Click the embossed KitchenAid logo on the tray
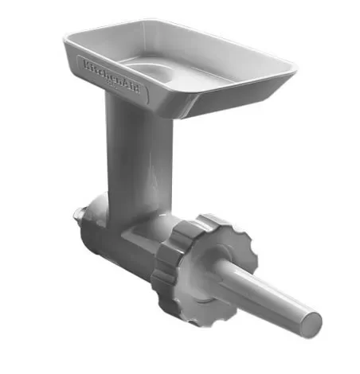coord(113,76)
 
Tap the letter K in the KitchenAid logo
coord(84,63)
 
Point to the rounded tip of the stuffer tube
coord(313,322)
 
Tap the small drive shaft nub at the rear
coord(79,216)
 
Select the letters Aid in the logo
coord(135,87)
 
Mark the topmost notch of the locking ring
coord(213,216)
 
